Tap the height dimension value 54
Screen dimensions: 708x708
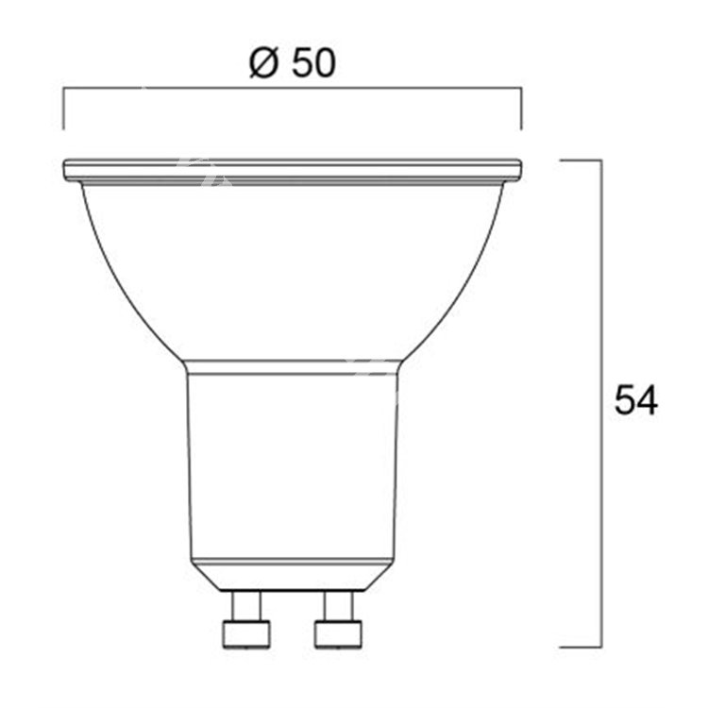[635, 400]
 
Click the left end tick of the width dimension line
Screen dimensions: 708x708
[63, 108]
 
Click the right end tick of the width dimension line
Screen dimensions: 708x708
[521, 108]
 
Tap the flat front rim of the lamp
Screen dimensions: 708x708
[292, 171]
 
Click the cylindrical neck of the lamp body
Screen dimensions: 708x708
[292, 463]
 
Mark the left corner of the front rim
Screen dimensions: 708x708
[66, 171]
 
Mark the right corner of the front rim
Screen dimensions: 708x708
[517, 171]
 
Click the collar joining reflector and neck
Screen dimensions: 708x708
[292, 366]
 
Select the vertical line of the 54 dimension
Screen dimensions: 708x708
[601, 283]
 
